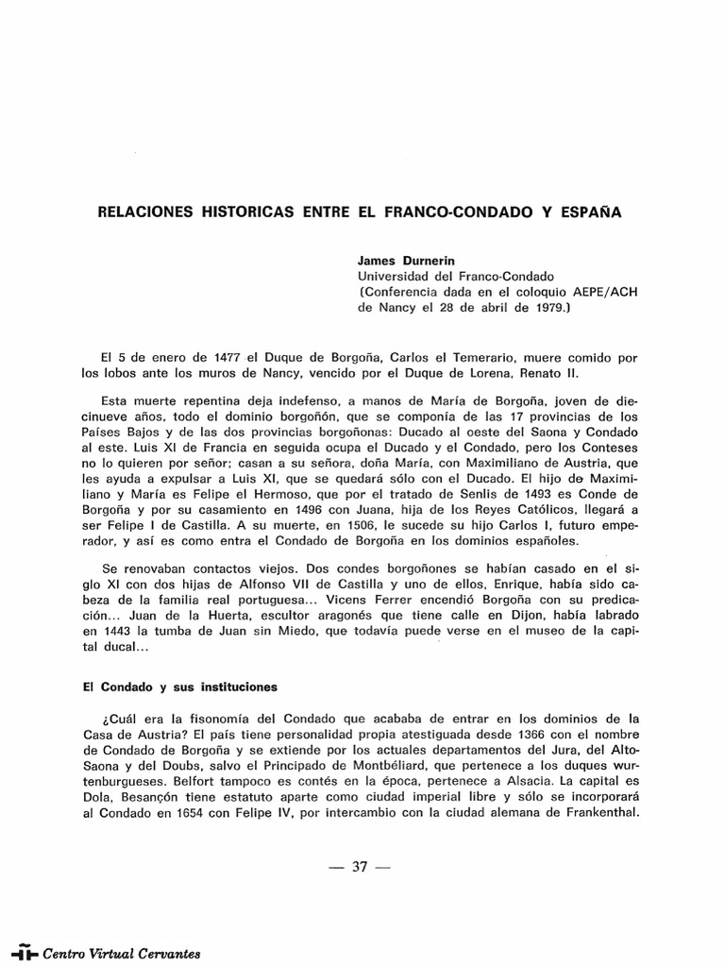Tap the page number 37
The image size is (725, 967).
coord(359,868)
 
